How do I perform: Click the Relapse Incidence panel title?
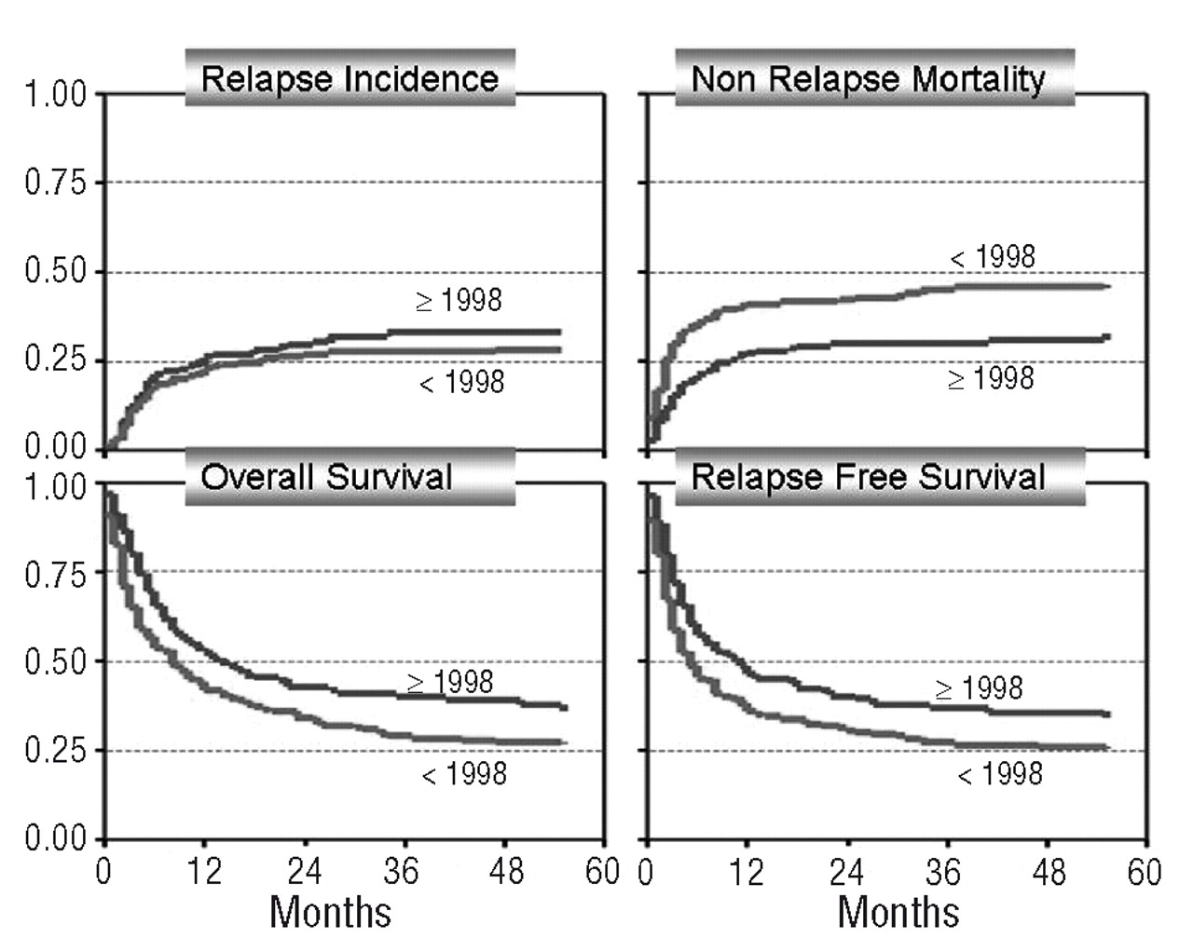(350, 78)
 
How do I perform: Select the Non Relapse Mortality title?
(868, 79)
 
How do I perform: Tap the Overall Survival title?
(327, 477)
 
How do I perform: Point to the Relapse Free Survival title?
(869, 477)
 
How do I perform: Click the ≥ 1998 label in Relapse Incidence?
(459, 300)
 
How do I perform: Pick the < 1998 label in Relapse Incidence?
(461, 382)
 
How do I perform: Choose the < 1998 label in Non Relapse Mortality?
(992, 256)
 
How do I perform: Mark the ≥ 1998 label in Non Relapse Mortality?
(991, 378)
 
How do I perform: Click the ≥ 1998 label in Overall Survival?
(450, 682)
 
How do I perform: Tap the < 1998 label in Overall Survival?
(464, 773)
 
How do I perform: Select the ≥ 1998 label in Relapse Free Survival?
(979, 688)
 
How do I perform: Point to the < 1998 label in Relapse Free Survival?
(1000, 773)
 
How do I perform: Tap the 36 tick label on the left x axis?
(401, 872)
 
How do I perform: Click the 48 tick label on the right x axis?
(1049, 872)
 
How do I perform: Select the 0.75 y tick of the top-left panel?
(55, 183)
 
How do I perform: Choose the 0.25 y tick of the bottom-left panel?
(55, 751)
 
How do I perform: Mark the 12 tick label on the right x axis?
(746, 872)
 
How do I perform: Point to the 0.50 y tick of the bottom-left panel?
(55, 662)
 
